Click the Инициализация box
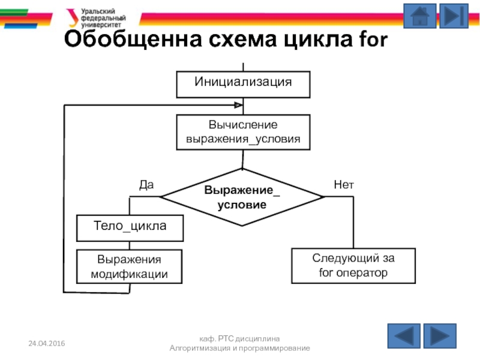[243, 84]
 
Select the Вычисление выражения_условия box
[243, 133]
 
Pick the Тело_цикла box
[130, 227]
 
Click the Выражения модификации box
[130, 267]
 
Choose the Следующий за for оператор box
[353, 266]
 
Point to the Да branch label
[146, 185]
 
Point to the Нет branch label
[344, 185]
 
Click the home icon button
[420, 16]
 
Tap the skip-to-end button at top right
[454, 16]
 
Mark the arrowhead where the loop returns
[238, 106]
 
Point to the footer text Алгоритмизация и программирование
[240, 348]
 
